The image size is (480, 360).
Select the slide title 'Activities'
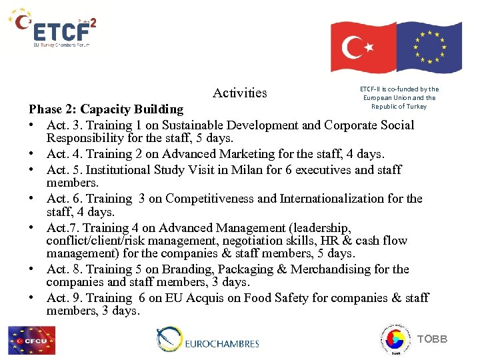coord(239,93)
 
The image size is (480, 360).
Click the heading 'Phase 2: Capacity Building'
coord(106,109)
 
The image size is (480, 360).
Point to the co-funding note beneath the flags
coord(399,97)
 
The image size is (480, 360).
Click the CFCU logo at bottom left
coord(32,340)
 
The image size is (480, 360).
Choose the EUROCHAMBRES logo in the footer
coord(208,341)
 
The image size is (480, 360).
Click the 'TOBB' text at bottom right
coord(432,340)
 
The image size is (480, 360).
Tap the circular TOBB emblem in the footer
coord(395,339)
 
